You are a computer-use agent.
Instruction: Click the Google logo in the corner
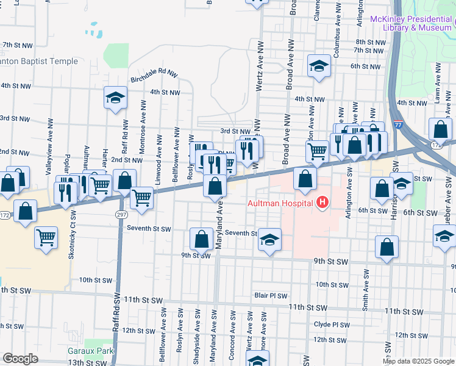click(x=20, y=359)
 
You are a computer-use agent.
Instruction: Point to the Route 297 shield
click(x=121, y=214)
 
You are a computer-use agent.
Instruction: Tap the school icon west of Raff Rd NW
click(x=114, y=98)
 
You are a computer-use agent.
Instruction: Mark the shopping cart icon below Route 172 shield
click(x=46, y=237)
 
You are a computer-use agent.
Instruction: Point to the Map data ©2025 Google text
click(x=418, y=361)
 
